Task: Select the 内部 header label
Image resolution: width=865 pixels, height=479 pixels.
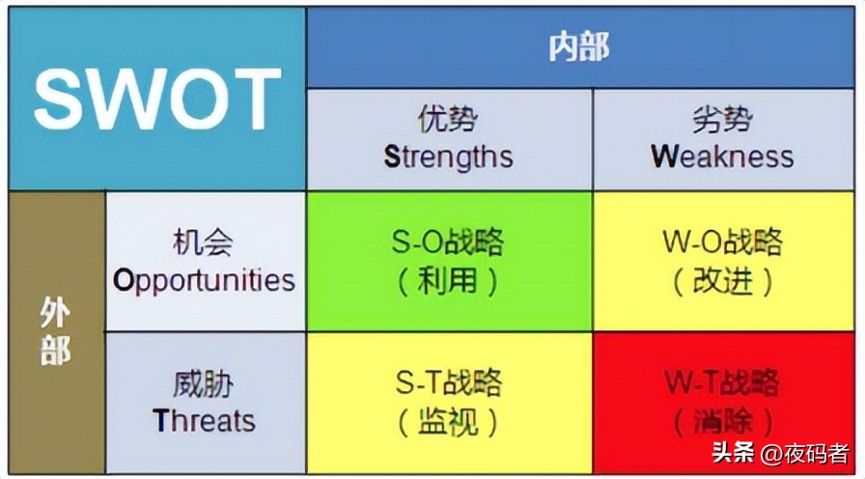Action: pos(579,47)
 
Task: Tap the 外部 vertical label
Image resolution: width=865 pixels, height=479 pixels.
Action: pos(56,330)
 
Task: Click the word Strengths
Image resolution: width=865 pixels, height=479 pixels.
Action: pos(448,156)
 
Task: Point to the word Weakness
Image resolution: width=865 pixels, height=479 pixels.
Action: pos(722,156)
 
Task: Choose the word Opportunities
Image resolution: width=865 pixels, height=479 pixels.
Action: pos(204,280)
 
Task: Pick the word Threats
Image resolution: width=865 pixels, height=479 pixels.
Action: pos(204,421)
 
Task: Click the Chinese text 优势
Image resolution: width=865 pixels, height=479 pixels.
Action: pos(448,120)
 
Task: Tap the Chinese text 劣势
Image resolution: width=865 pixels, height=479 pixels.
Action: pos(722,120)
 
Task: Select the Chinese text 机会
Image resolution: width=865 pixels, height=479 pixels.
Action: pos(204,242)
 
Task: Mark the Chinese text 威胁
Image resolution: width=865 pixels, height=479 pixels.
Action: pos(204,383)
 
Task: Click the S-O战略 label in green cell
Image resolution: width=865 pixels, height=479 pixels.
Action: pos(448,242)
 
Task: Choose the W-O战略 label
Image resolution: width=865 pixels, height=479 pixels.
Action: pos(722,242)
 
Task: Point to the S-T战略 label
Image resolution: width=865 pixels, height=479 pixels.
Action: pos(448,383)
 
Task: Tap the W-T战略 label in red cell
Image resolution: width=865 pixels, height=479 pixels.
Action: pos(722,383)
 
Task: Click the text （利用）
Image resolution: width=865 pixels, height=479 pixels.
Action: pos(448,281)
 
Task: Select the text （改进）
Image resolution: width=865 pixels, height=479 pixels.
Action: pos(722,281)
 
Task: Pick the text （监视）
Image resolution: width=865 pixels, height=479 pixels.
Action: pos(448,422)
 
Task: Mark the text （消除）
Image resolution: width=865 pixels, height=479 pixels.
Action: pos(722,422)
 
